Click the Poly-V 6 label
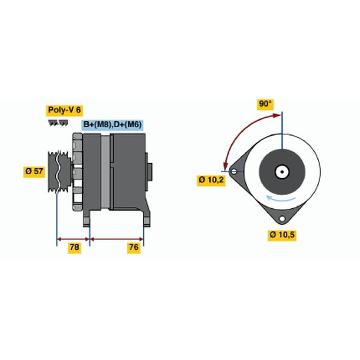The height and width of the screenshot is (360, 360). pos(65,110)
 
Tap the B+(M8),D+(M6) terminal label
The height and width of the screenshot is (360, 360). pos(113,125)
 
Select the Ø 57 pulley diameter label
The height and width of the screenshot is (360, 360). pos(34,171)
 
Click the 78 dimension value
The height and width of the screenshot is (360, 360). pos(74,247)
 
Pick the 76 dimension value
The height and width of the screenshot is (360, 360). pos(134,247)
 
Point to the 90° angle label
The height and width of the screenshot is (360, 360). pos(265,104)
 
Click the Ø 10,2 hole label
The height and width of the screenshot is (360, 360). pos(211,179)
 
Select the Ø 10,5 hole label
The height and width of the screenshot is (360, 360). pos(282,235)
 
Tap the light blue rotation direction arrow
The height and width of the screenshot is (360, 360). pos(281,199)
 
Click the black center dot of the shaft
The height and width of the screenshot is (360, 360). pos(282,172)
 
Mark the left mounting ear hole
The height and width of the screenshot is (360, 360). pos(234,172)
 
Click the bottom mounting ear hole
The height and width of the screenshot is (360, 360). pos(282,218)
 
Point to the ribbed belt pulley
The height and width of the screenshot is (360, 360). pos(59,172)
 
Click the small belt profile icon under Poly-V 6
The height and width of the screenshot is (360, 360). pos(58,123)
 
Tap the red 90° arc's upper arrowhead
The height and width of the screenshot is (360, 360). pos(277,115)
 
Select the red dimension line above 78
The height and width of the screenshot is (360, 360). pos(73,239)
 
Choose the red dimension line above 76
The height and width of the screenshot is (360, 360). pos(116,239)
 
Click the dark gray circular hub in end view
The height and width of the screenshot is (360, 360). pos(282,172)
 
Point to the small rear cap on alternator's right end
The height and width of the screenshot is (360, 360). pos(149,172)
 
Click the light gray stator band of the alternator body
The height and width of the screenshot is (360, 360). pos(106,172)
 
